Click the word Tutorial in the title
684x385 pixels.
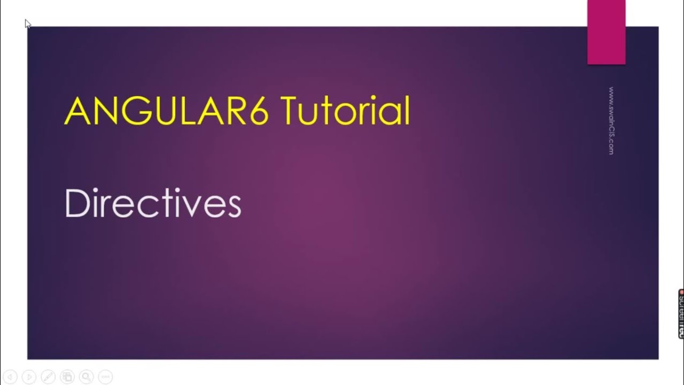click(345, 111)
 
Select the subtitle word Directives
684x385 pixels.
click(153, 204)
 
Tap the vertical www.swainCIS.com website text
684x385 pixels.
click(611, 121)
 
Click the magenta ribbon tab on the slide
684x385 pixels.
click(606, 32)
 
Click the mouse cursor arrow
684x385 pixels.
click(28, 24)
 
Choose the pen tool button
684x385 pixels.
click(48, 376)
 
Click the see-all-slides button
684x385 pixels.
click(67, 376)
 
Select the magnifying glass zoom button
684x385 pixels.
click(86, 376)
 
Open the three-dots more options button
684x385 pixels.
click(105, 376)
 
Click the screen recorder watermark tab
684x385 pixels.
click(681, 314)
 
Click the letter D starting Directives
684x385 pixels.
click(75, 203)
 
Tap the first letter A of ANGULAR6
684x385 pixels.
click(76, 111)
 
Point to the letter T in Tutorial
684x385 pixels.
click(289, 111)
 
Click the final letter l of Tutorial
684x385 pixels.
click(407, 111)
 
